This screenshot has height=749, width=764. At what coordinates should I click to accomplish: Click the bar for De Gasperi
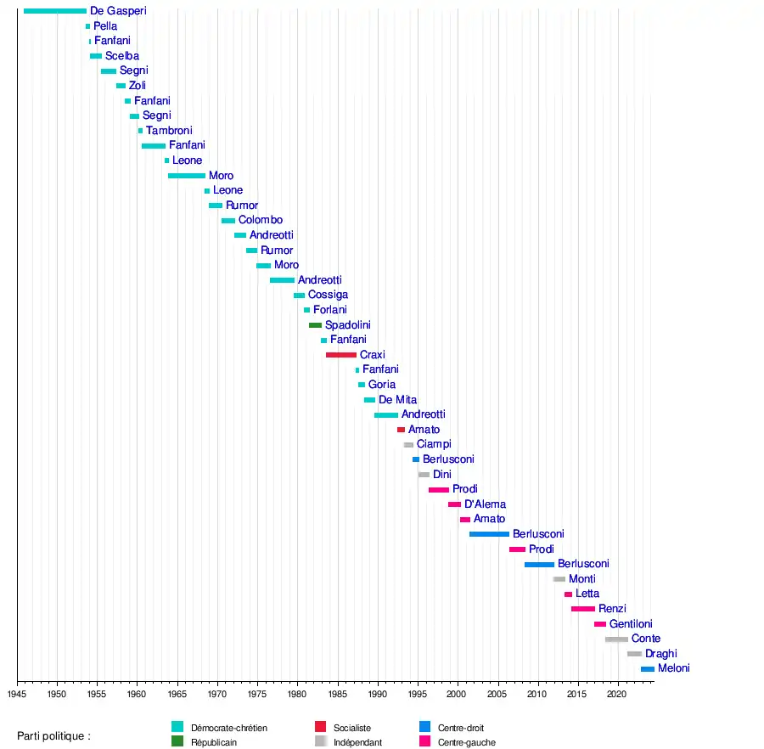[55, 11]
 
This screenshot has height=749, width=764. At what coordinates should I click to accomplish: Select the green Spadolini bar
[315, 325]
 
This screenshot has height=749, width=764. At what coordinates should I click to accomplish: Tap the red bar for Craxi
[341, 355]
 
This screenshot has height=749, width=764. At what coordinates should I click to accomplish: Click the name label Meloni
[673, 668]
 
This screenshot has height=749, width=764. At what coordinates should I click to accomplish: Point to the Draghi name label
[660, 654]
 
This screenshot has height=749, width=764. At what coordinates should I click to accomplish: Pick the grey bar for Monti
[559, 579]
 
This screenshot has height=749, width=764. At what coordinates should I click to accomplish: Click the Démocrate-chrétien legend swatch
[177, 727]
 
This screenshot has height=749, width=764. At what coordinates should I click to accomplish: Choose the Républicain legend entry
[213, 742]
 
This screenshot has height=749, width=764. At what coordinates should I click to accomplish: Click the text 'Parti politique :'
[53, 735]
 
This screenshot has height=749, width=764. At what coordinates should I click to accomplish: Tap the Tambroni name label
[169, 131]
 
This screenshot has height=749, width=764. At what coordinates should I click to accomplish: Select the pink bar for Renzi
[583, 609]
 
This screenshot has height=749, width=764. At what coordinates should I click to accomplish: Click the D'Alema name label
[485, 504]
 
